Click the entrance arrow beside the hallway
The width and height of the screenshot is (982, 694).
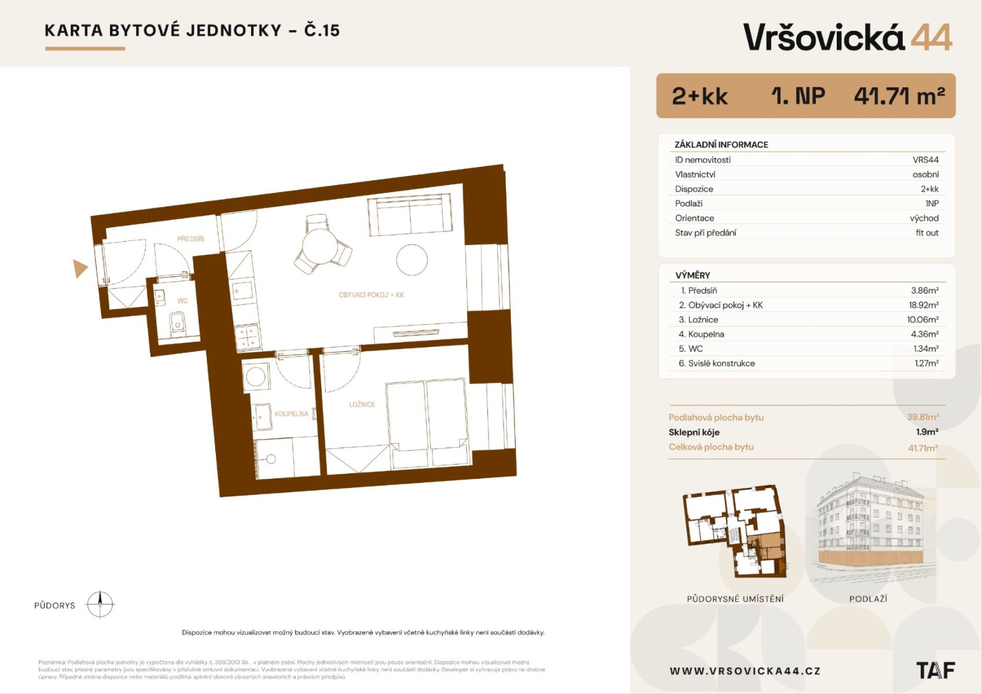79,268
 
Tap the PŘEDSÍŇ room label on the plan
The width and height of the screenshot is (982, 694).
191,239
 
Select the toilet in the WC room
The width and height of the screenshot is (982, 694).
177,323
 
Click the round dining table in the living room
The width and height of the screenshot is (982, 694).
319,246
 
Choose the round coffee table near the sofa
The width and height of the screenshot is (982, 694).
411,260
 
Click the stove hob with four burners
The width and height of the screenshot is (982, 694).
248,338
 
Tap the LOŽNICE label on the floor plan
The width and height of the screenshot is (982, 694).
362,404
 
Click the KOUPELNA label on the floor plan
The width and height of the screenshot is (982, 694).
292,414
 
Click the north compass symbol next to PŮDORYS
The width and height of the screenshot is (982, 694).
100,604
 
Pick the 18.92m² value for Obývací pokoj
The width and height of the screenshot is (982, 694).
924,305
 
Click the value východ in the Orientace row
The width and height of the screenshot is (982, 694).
924,218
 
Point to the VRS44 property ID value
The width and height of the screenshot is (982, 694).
925,160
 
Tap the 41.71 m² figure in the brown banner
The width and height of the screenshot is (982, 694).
900,96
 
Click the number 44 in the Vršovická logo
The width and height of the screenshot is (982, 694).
931,37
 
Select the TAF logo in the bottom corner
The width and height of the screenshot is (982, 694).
936,670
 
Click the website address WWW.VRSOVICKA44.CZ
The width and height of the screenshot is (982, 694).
745,671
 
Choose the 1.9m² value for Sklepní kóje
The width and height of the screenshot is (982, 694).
927,432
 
